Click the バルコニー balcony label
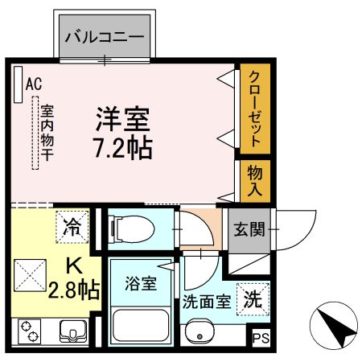pos(104,37)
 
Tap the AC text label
pos(33,83)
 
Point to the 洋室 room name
pos(123,120)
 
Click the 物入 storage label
pos(253,182)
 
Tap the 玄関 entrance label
pos(249,229)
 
